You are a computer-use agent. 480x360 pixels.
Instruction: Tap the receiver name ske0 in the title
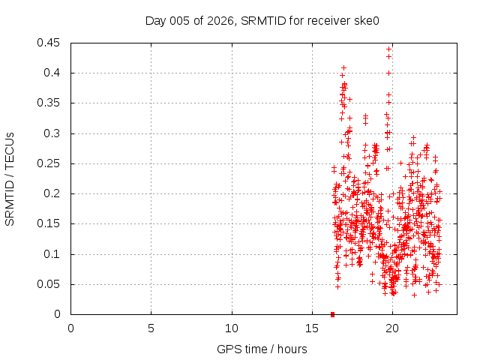tap(365, 21)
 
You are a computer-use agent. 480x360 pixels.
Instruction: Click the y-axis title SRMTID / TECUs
tap(10, 178)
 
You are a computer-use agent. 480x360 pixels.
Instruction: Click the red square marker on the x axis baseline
tap(332, 314)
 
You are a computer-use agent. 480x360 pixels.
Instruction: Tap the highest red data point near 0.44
tap(388, 49)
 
